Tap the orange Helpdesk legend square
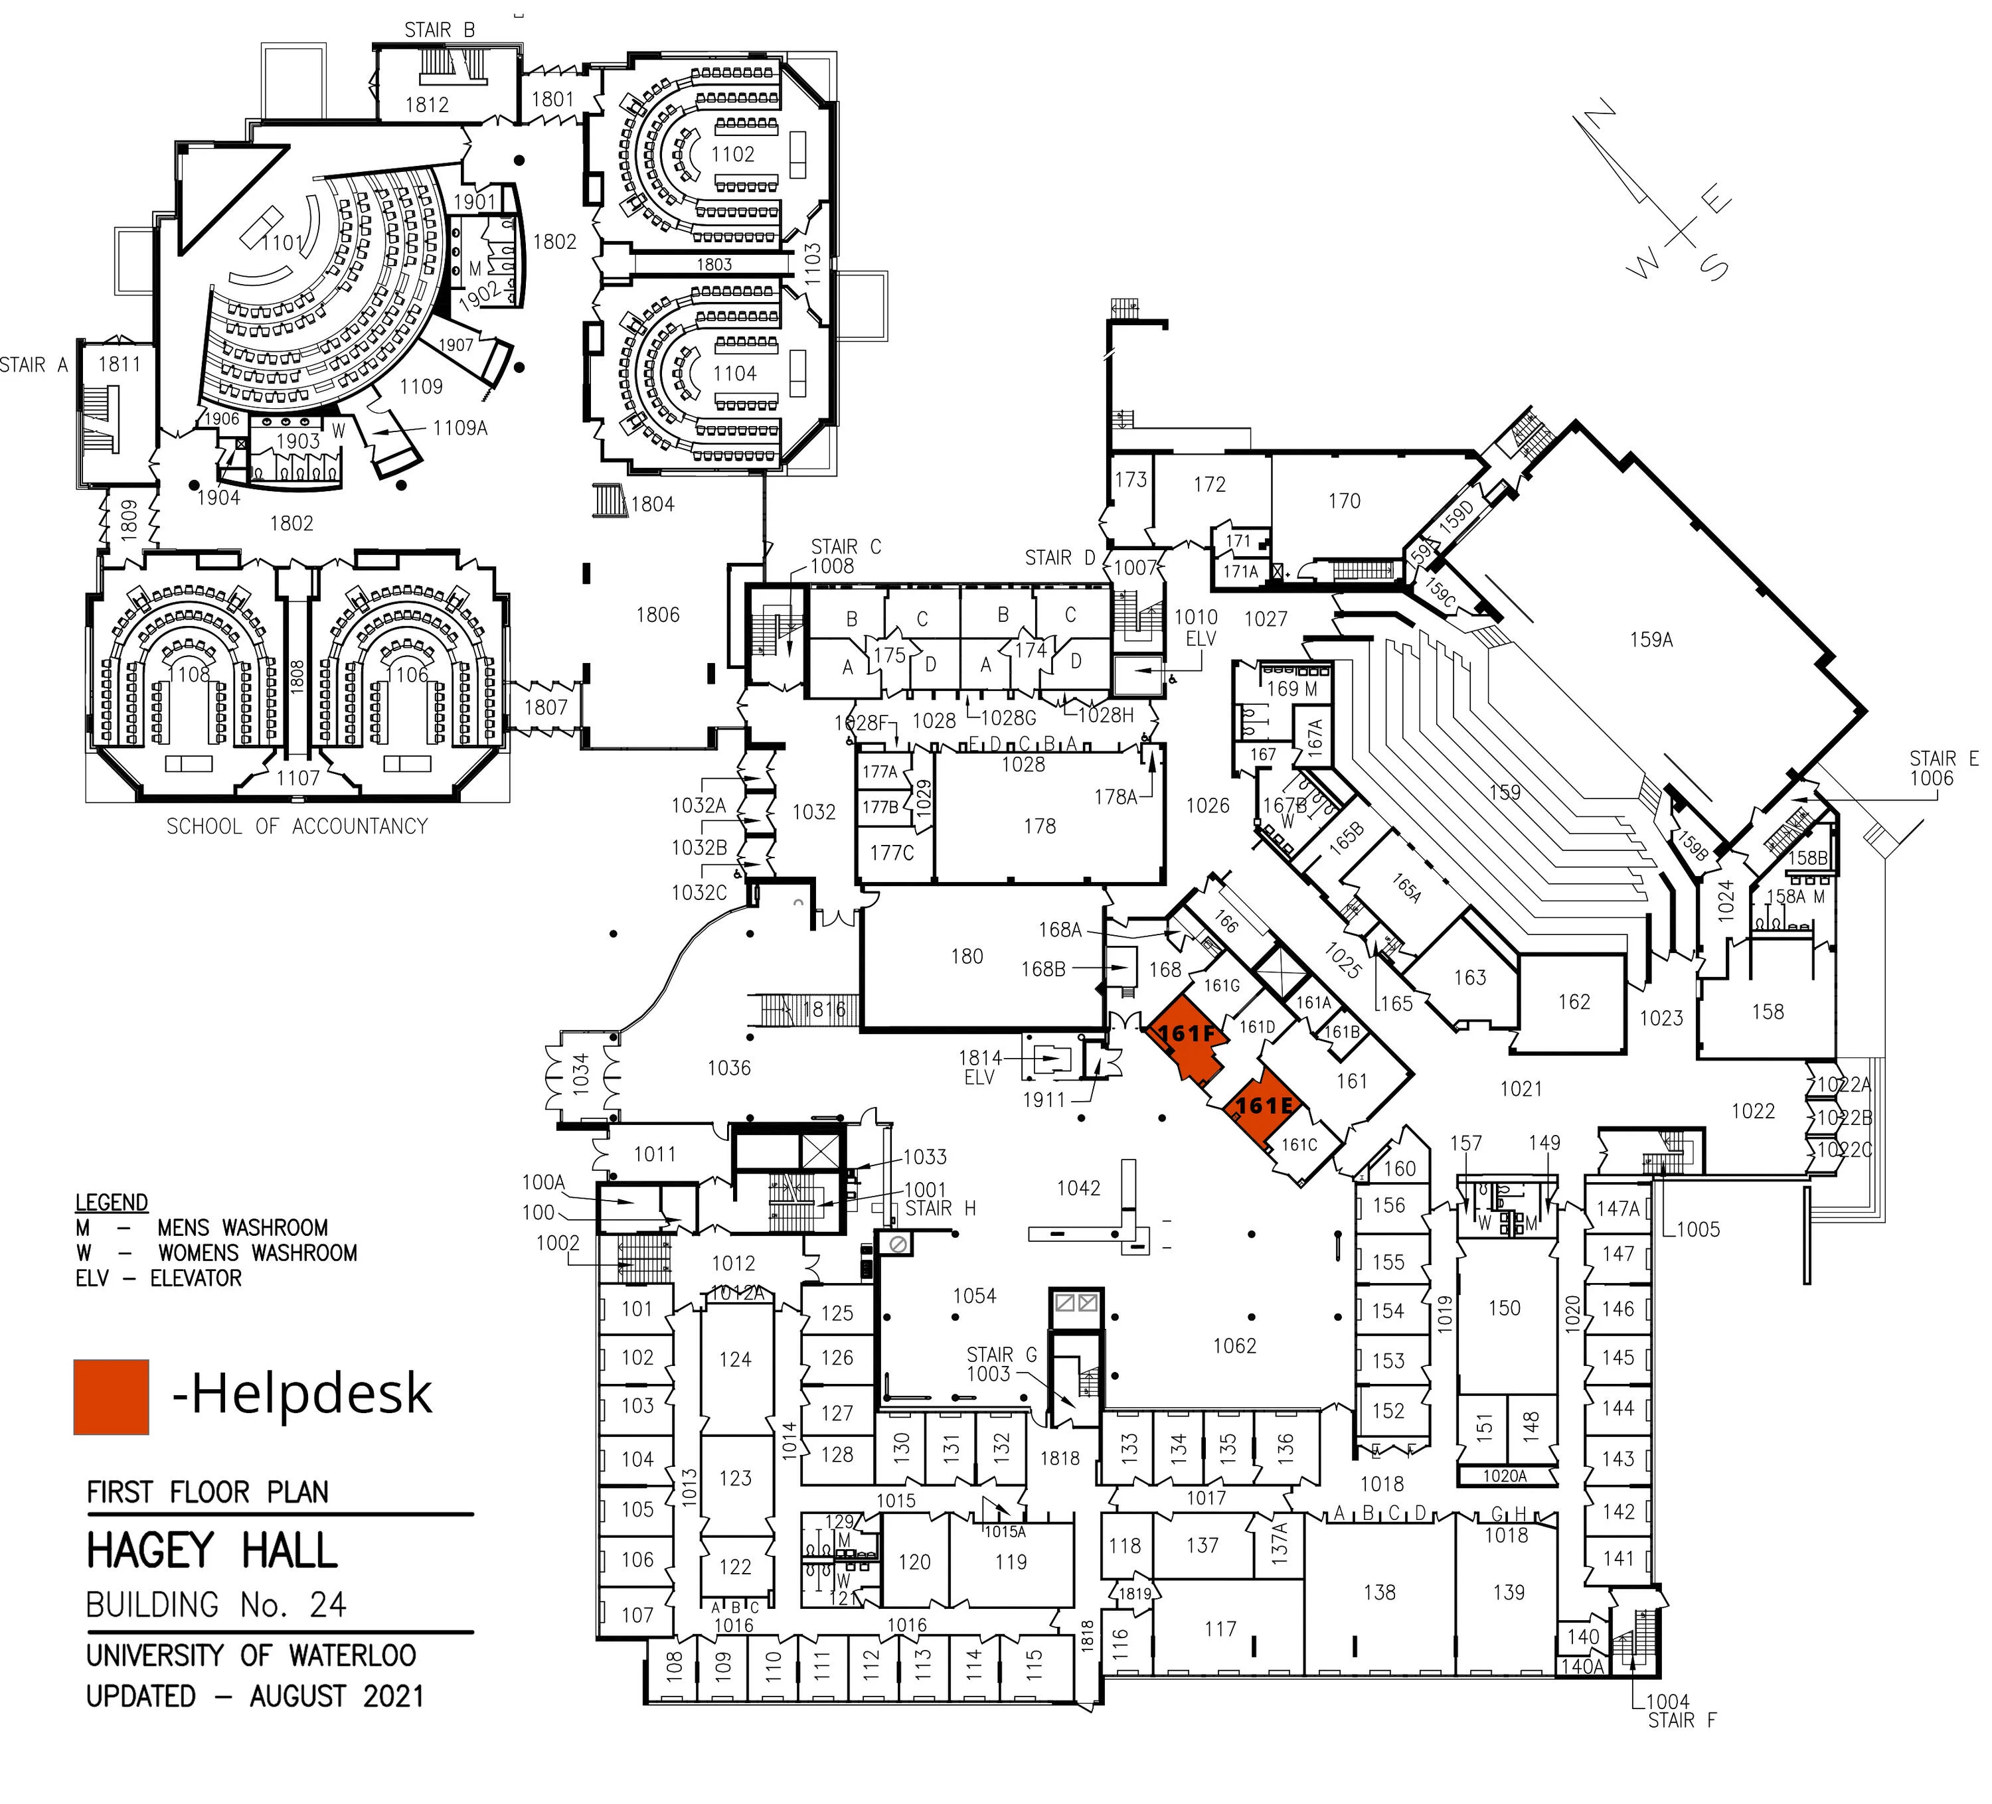click(x=111, y=1396)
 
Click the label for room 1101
click(x=283, y=243)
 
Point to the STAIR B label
click(x=439, y=30)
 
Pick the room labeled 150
click(x=1504, y=1308)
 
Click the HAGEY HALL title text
click(x=212, y=1550)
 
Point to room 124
click(x=734, y=1359)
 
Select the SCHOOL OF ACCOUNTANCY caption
click(x=296, y=826)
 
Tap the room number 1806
click(x=657, y=615)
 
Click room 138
click(x=1378, y=1592)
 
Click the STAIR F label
click(x=1682, y=1720)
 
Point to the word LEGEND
click(x=112, y=1203)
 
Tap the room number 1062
click(x=1234, y=1345)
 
